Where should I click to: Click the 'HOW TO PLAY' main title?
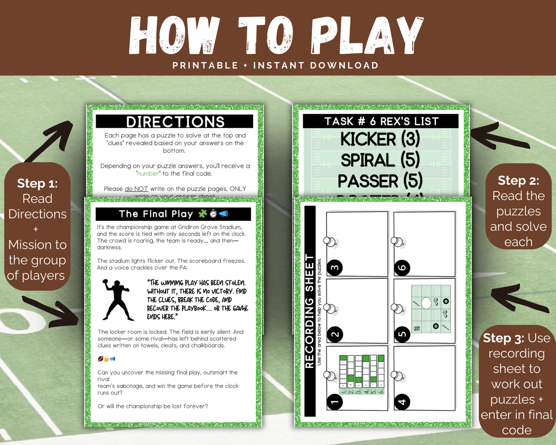click(x=276, y=35)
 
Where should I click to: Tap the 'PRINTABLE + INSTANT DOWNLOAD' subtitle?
click(x=275, y=65)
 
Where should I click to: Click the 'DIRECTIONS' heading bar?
click(x=175, y=122)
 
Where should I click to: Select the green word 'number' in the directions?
click(x=148, y=174)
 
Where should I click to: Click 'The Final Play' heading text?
click(x=156, y=214)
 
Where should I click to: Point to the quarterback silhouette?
click(x=117, y=300)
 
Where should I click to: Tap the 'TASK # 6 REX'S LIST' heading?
click(x=381, y=121)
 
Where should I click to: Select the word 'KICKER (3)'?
click(x=380, y=139)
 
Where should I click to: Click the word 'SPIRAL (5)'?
click(x=380, y=160)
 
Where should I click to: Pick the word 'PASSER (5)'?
click(x=380, y=181)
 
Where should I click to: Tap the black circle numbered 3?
click(x=335, y=268)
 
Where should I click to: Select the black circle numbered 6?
click(x=402, y=268)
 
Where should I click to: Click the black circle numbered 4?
click(x=402, y=402)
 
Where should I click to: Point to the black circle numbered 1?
click(x=335, y=402)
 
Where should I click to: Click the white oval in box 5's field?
click(x=426, y=303)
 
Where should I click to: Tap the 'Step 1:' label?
click(x=37, y=183)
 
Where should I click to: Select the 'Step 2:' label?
click(x=518, y=180)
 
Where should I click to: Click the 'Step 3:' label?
click(x=503, y=338)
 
